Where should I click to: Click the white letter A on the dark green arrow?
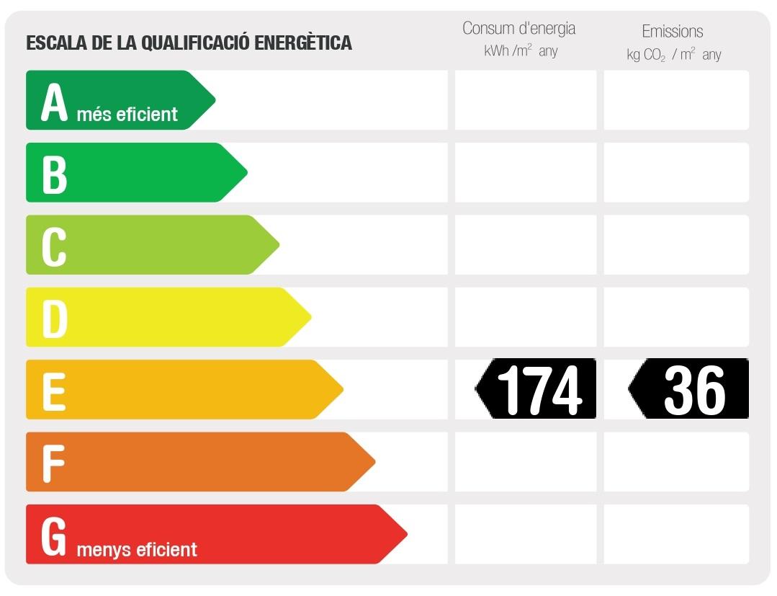54,102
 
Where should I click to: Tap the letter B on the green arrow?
54,174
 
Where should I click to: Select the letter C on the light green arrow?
54,246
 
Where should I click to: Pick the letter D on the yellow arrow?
55,318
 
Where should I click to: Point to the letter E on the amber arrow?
53,391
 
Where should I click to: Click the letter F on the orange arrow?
53,463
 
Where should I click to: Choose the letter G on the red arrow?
54,536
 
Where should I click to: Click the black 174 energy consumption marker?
536,389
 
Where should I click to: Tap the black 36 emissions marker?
690,389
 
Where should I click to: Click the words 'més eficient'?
127,114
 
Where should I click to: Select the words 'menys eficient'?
136,550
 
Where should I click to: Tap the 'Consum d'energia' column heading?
518,29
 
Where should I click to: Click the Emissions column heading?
672,31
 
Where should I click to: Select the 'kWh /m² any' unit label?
521,51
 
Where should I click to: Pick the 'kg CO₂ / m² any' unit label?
673,55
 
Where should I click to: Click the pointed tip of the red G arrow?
405,534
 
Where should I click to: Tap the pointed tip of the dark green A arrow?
214,99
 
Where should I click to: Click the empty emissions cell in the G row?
676,534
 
